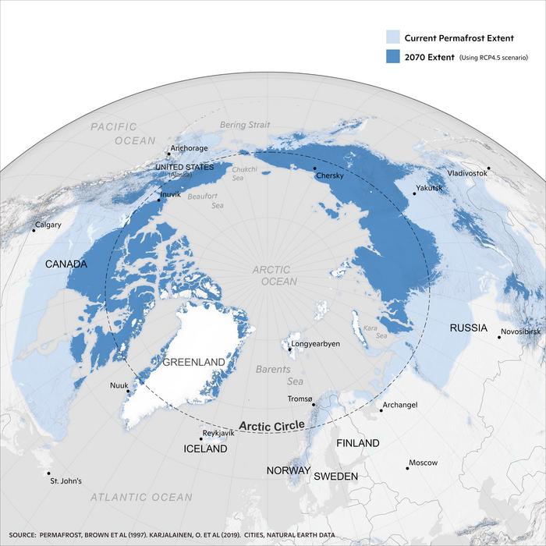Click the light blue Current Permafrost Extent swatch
coord(394,36)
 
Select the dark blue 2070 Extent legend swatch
coord(394,57)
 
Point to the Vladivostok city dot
coord(488,168)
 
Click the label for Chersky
coord(329,176)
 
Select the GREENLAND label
coord(193,362)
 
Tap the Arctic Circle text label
coord(271,426)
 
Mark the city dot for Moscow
coord(407,467)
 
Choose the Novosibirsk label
coord(519,331)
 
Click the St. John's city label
coord(66,480)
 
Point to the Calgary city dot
coord(34,230)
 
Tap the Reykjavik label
coord(218,432)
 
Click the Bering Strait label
coord(244,125)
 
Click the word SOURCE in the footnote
coord(31,536)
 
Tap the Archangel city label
coord(399,405)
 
